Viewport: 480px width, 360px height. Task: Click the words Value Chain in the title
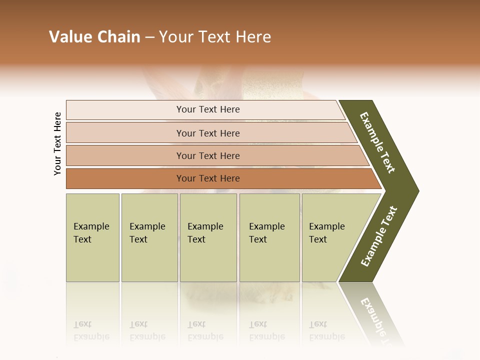94,37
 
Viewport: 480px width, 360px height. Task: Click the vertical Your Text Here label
57,143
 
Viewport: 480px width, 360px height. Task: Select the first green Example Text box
92,237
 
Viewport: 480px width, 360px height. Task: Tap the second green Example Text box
149,237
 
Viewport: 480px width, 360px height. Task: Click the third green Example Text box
208,237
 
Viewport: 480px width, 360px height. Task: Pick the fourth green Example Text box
269,237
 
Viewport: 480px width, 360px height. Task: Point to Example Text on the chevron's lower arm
379,236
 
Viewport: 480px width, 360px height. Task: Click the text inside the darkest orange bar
208,178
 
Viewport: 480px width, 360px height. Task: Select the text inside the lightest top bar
208,109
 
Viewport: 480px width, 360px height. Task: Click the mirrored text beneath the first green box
91,331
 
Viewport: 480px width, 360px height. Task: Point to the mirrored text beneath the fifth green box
326,331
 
